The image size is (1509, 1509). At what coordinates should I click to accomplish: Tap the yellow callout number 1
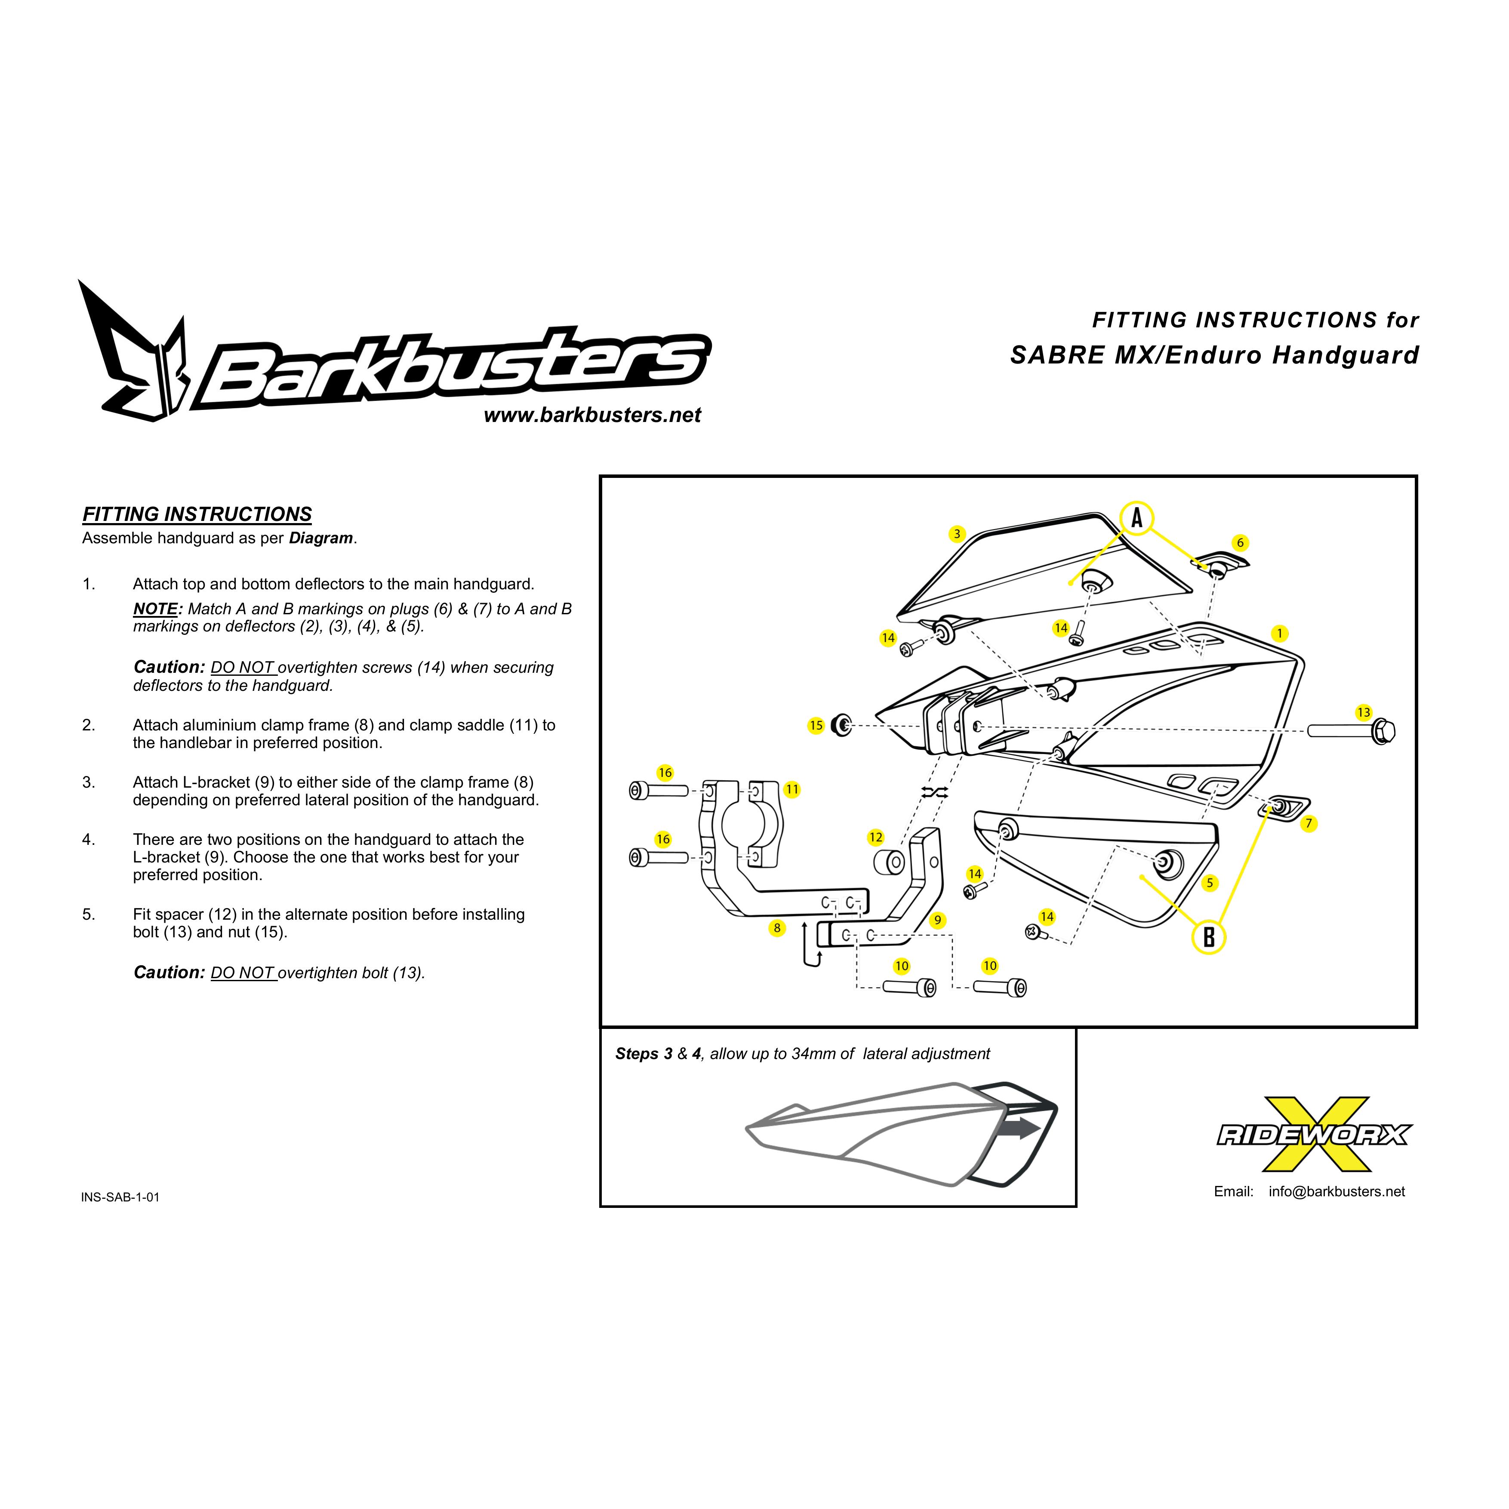[x=1278, y=634]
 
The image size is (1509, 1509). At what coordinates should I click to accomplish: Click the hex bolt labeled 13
[x=1351, y=731]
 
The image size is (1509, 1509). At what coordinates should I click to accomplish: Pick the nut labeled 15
[x=842, y=725]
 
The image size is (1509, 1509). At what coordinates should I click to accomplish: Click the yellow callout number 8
[x=776, y=928]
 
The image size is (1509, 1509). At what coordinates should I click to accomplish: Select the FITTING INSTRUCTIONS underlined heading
[x=197, y=515]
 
